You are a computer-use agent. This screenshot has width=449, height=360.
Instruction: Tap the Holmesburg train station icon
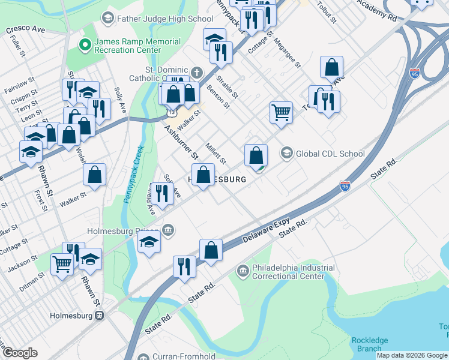[100, 315]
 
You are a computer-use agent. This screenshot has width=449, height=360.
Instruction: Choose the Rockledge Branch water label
[370, 344]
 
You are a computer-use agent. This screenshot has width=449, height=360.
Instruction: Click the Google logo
[20, 353]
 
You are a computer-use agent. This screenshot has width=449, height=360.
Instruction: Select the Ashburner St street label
[181, 142]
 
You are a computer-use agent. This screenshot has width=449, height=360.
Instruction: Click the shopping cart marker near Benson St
[281, 112]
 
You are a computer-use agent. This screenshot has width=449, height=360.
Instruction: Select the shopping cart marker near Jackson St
[62, 263]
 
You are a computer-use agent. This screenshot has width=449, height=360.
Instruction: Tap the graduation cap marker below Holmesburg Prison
[149, 242]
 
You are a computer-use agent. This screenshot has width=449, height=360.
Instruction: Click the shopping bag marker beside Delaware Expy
[211, 250]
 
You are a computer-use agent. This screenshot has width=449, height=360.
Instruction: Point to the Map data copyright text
[411, 355]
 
